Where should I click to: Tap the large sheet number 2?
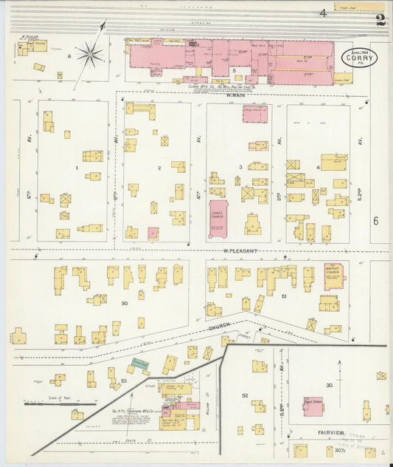pos(380,20)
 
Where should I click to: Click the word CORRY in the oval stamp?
pos(358,58)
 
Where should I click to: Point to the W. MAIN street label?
pos(237,93)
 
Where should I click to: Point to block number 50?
pos(125,304)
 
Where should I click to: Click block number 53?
pos(124,381)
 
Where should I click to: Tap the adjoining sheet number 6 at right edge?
pos(375,221)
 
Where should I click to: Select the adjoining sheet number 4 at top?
pos(323,13)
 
